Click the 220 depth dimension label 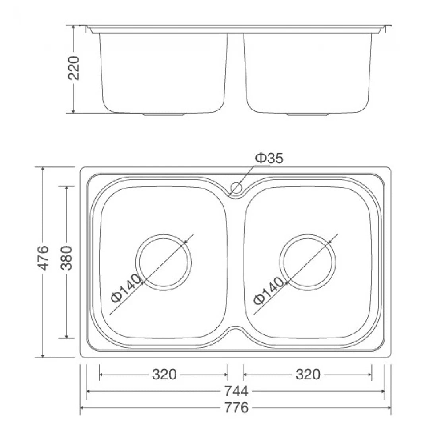tap(74, 68)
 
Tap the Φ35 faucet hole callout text tap(269, 159)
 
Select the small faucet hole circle tap(236, 188)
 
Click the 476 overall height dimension tap(43, 258)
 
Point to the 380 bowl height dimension tap(67, 258)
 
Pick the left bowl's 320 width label tap(164, 375)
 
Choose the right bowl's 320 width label tap(308, 375)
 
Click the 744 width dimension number tap(236, 391)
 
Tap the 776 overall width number tap(236, 408)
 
